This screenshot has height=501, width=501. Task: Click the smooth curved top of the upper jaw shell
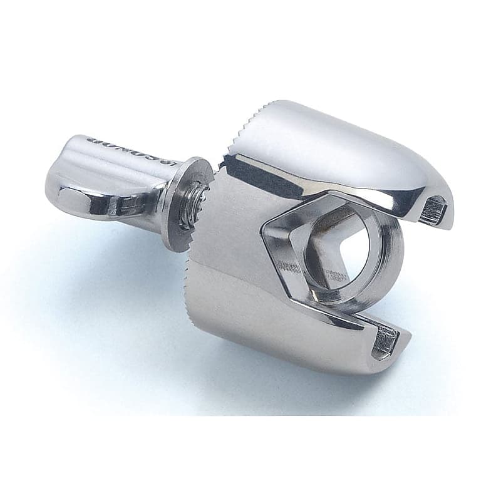click(326, 138)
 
